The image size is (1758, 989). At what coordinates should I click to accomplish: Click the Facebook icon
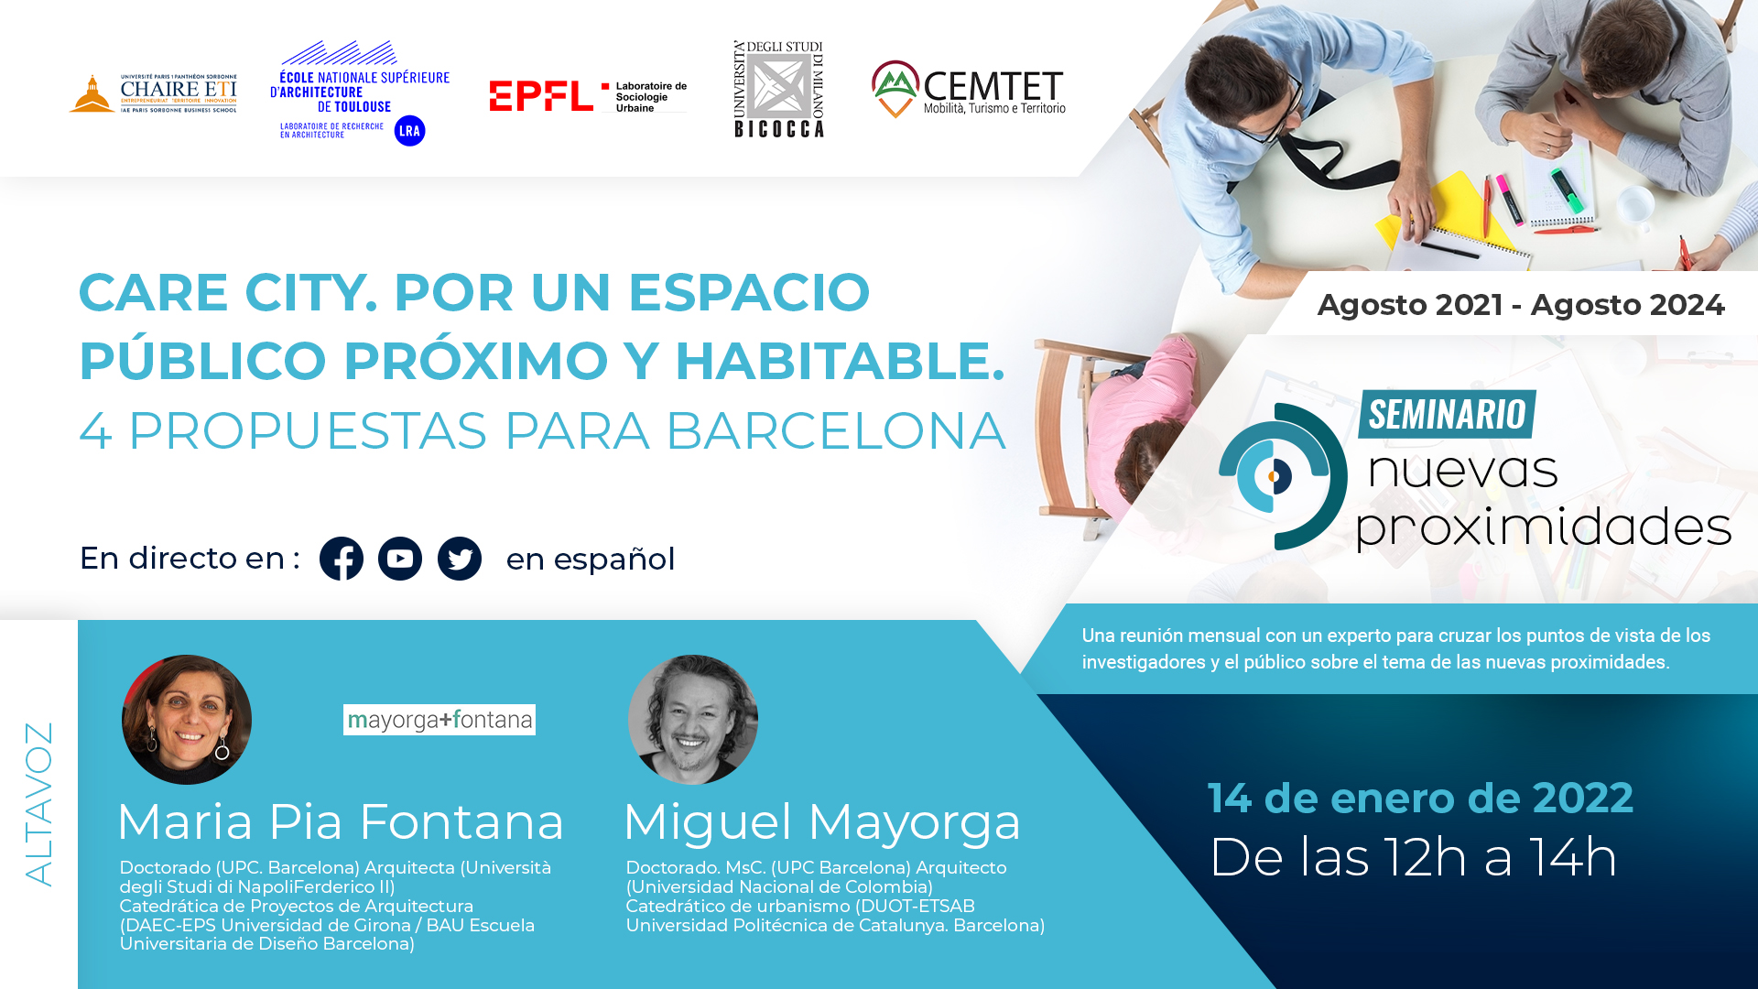click(x=342, y=559)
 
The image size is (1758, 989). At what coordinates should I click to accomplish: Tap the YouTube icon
click(x=400, y=559)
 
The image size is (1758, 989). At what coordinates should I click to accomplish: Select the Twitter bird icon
click(x=460, y=559)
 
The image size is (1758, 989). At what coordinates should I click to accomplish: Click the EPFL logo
click(x=588, y=96)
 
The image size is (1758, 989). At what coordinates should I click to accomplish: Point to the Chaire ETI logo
click(x=153, y=93)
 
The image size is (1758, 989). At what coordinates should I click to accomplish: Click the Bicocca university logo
click(x=779, y=89)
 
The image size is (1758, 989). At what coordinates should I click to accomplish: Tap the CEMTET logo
click(x=969, y=89)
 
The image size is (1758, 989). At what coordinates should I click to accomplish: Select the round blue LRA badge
click(x=410, y=131)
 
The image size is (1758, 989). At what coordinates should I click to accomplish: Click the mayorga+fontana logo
click(x=439, y=720)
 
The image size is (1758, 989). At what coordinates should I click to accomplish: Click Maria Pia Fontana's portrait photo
click(x=187, y=720)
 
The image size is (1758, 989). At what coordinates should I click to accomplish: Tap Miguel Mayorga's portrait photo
click(x=693, y=720)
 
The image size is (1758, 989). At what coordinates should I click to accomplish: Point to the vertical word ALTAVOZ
click(x=39, y=804)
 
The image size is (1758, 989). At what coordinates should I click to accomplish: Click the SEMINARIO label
click(x=1447, y=414)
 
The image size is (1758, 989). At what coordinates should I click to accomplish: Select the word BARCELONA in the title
click(x=835, y=430)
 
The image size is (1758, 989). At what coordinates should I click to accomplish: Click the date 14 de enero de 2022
click(x=1420, y=798)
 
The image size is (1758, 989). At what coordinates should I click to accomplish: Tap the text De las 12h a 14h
click(x=1413, y=857)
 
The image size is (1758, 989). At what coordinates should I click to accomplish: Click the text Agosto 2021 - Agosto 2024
click(x=1521, y=305)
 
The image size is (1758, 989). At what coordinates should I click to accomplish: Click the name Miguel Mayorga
click(x=821, y=822)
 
